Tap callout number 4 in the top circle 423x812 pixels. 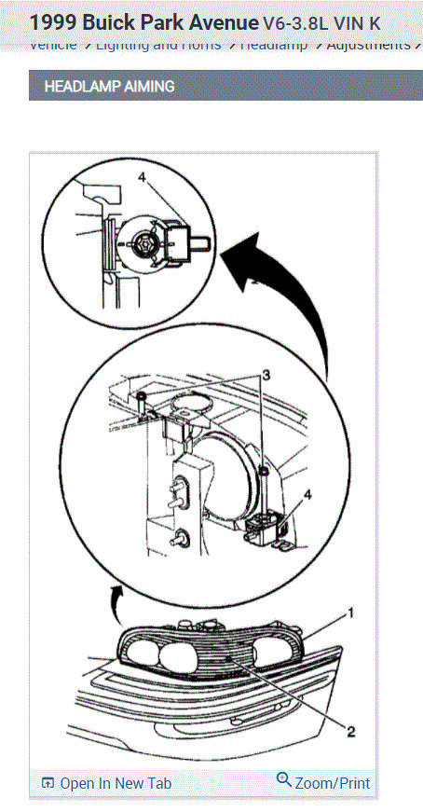[x=142, y=175]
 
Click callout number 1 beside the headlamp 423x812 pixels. [x=351, y=612]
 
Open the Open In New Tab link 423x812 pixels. [x=115, y=783]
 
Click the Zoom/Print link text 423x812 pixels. [x=330, y=783]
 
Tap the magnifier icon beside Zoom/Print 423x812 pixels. [x=284, y=781]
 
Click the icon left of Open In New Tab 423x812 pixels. [x=48, y=783]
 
